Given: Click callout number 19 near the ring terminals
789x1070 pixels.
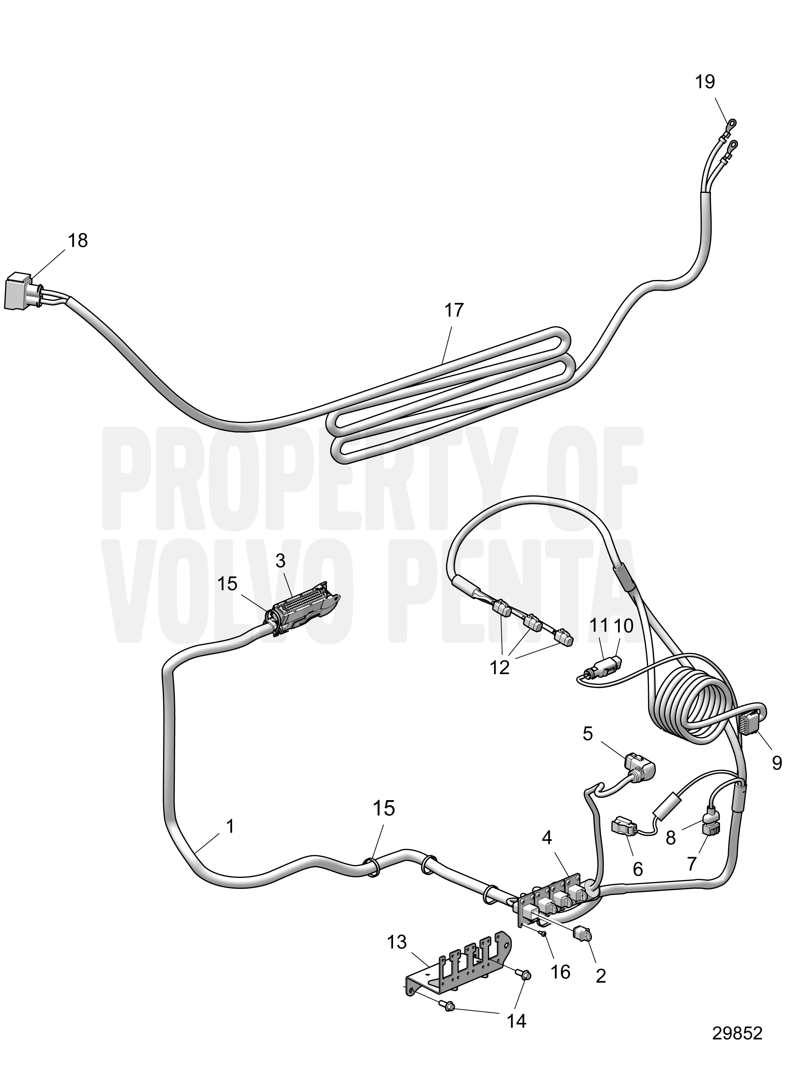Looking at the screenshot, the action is (x=705, y=82).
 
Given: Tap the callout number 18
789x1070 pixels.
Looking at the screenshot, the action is (x=77, y=241).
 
